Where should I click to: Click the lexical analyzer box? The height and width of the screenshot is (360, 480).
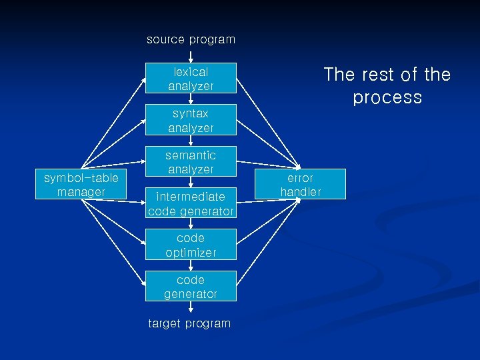pyautogui.click(x=191, y=79)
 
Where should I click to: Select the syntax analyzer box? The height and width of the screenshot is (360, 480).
pyautogui.click(x=191, y=121)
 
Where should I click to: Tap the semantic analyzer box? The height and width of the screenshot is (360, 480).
pyautogui.click(x=191, y=162)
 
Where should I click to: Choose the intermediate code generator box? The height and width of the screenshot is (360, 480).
pyautogui.click(x=191, y=204)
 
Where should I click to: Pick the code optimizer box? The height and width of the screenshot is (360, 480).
pyautogui.click(x=191, y=245)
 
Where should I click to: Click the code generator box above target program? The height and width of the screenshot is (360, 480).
pyautogui.click(x=191, y=287)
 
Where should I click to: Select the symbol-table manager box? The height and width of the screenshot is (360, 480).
pyautogui.click(x=81, y=185)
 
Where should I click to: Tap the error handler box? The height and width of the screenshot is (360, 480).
pyautogui.click(x=300, y=185)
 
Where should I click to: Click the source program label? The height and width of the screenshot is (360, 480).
pyautogui.click(x=191, y=39)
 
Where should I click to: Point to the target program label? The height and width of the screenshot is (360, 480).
pyautogui.click(x=189, y=323)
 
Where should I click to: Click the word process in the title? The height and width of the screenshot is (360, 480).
pyautogui.click(x=387, y=97)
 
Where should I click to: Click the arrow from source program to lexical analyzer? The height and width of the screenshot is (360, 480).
pyautogui.click(x=191, y=56)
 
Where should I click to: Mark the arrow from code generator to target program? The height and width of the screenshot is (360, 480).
pyautogui.click(x=191, y=309)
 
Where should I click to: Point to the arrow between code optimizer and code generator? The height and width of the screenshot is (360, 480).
pyautogui.click(x=191, y=265)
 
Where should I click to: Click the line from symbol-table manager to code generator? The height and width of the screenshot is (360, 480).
pyautogui.click(x=113, y=242)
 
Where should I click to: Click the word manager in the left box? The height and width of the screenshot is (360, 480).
pyautogui.click(x=81, y=192)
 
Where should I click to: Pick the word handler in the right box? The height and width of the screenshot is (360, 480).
pyautogui.click(x=300, y=192)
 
